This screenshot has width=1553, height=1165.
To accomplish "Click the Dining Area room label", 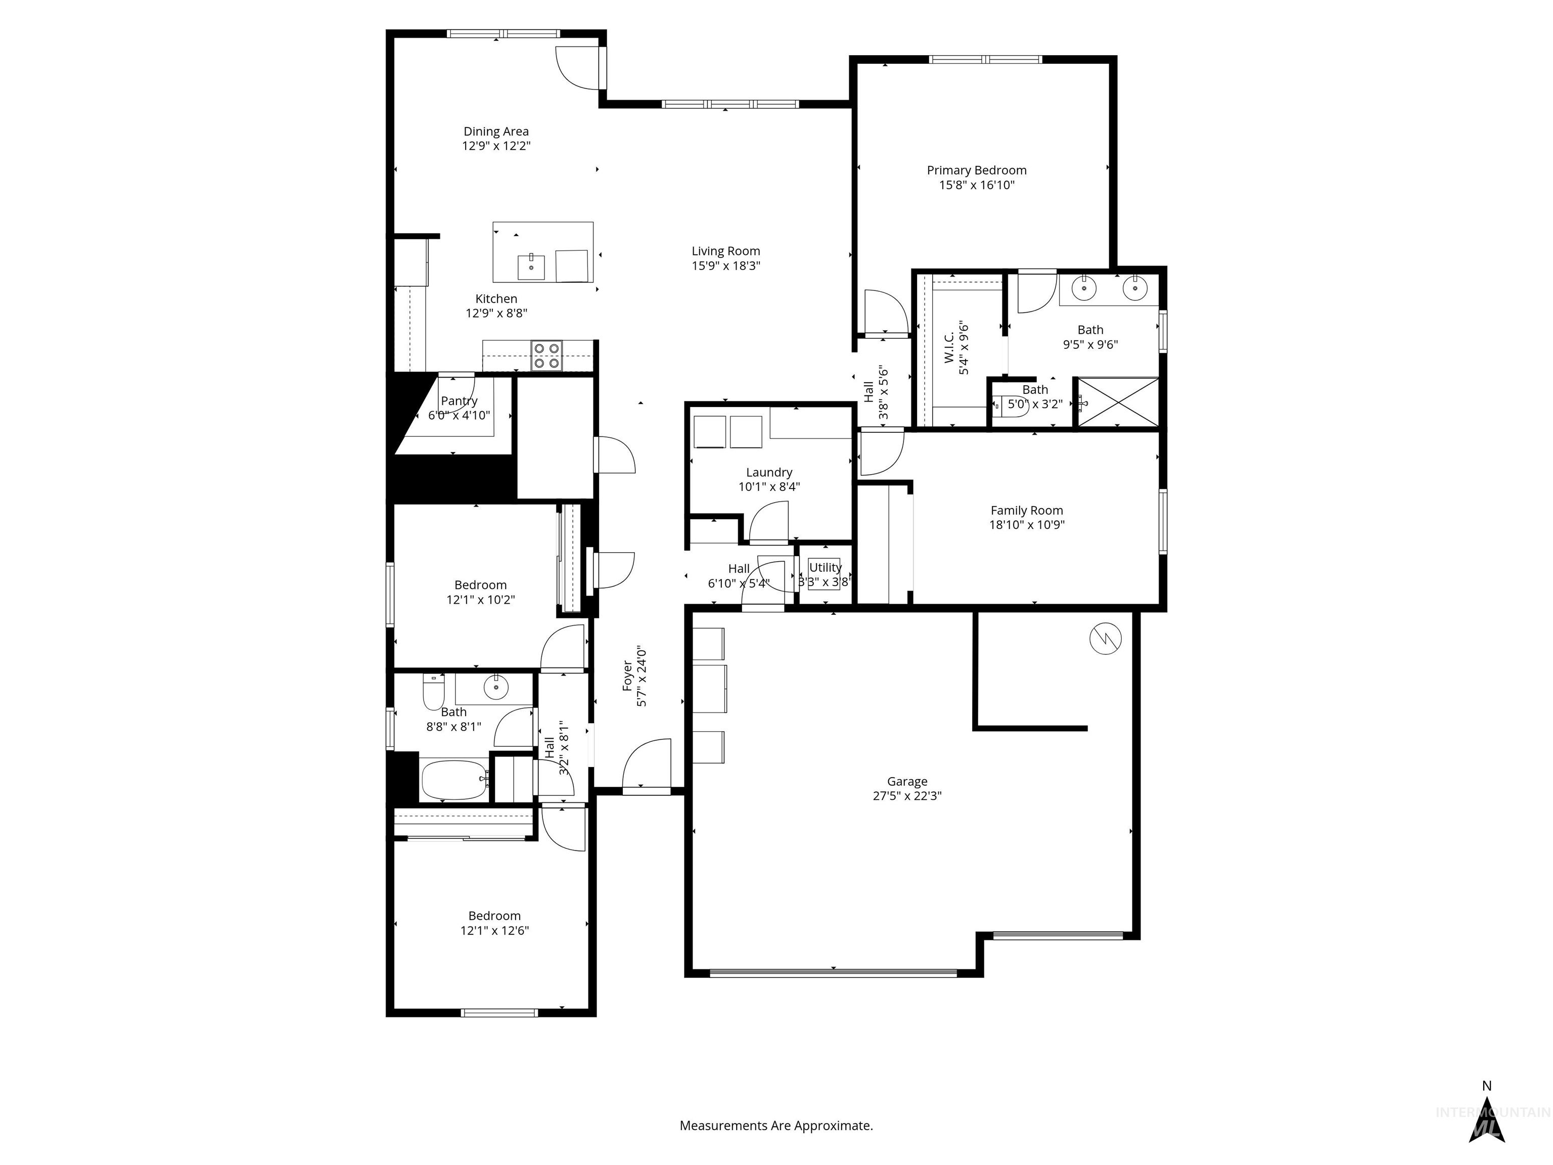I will pos(495,131).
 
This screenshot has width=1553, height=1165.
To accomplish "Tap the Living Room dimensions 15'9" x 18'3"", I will pos(725,266).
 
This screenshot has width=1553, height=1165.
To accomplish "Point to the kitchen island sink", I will pos(531,267).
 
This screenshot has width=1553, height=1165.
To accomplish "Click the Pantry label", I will pos(459,401).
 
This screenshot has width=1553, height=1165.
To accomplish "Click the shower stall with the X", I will pos(1117,401).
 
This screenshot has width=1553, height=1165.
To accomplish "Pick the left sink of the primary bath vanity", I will pos(1085,287).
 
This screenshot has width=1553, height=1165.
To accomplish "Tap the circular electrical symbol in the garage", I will pos(1105,638).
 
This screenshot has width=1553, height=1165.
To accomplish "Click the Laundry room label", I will pos(769,473).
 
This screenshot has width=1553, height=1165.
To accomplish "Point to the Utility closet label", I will pos(825,567).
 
